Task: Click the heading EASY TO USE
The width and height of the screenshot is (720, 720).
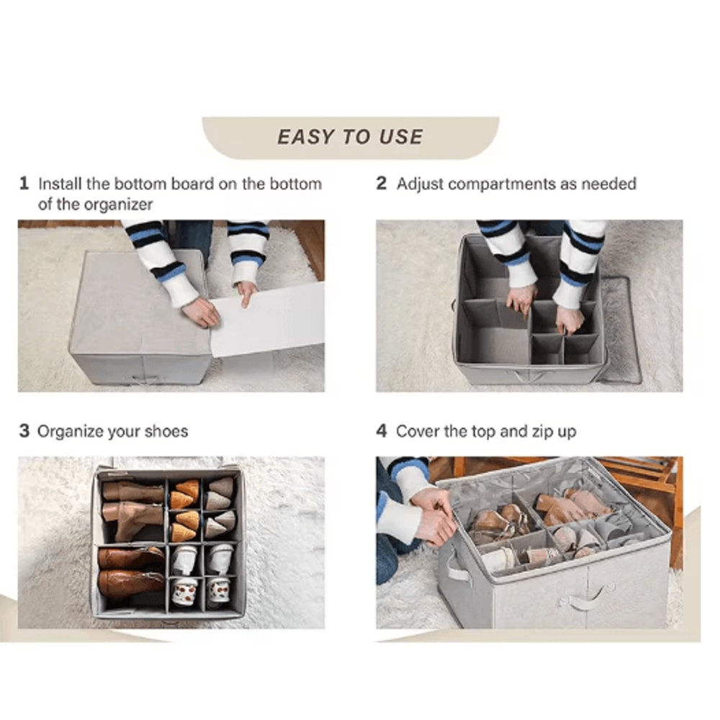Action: (350, 137)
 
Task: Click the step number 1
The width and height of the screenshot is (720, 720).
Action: (24, 184)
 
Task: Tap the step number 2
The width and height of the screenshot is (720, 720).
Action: (381, 184)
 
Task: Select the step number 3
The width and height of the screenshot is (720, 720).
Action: (24, 431)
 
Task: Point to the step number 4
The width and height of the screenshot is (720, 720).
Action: (381, 431)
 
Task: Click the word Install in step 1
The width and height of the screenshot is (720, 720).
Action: (60, 184)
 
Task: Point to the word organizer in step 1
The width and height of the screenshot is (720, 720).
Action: (118, 204)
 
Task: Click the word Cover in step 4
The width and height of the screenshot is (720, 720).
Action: (418, 431)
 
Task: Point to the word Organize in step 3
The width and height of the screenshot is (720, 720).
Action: (70, 432)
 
